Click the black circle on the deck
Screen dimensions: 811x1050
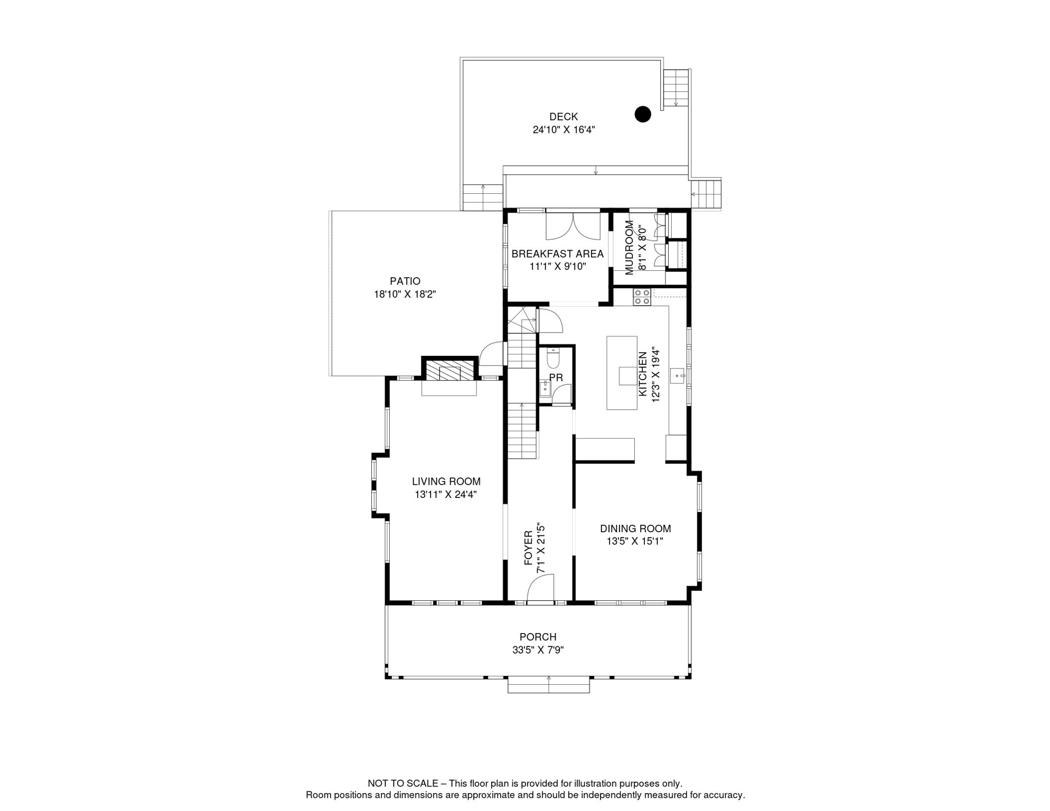click(643, 114)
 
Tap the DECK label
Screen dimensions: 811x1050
click(564, 117)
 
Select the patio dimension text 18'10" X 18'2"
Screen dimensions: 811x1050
click(405, 295)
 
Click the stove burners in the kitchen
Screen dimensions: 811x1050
click(642, 297)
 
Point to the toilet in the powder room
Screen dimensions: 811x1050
click(553, 359)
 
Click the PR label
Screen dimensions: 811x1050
click(556, 378)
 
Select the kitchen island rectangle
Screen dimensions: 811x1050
click(622, 373)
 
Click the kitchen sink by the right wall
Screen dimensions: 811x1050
click(677, 376)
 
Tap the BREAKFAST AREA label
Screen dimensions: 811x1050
click(557, 254)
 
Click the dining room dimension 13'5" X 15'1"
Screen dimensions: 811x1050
click(635, 541)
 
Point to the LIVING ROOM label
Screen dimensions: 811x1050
click(446, 482)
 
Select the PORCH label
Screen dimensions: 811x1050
click(538, 637)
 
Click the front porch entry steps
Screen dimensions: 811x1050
click(548, 685)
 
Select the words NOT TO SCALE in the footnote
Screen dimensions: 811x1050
click(402, 784)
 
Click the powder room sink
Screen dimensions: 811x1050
click(545, 389)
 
